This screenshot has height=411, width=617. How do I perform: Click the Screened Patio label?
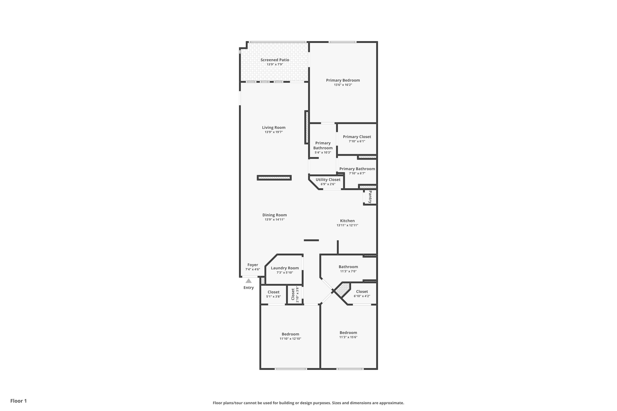(x=275, y=60)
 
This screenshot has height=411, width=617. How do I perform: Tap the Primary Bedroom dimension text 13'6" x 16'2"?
(x=343, y=85)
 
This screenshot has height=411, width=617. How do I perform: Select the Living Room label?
(x=274, y=128)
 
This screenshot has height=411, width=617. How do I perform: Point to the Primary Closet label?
(x=357, y=137)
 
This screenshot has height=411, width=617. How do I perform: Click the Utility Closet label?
(x=328, y=180)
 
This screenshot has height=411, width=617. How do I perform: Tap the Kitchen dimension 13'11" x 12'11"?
(x=347, y=225)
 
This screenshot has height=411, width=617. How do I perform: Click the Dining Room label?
(x=274, y=215)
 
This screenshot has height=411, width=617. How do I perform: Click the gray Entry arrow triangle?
(x=248, y=281)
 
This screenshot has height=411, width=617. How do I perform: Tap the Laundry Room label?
(x=285, y=268)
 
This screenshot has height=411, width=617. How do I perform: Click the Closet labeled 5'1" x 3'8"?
(x=273, y=292)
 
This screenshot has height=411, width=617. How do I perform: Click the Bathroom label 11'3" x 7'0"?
(x=348, y=267)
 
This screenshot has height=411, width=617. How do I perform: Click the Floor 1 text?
(x=18, y=401)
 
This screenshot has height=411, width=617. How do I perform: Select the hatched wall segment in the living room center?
(x=274, y=178)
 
